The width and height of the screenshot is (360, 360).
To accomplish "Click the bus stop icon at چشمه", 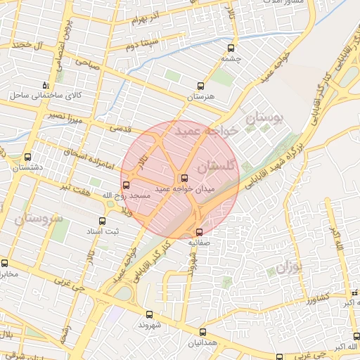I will click(231, 49).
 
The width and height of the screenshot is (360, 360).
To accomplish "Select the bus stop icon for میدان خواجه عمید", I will click(185, 179).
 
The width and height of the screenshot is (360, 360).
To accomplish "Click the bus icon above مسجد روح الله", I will click(127, 186).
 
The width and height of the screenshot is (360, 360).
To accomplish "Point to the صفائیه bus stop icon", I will click(199, 231).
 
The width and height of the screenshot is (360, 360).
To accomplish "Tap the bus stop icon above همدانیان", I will click(202, 332).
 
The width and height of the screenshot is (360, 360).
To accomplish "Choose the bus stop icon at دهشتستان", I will click(27, 157).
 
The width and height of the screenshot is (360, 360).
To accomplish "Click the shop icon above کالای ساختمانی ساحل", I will click(45, 84).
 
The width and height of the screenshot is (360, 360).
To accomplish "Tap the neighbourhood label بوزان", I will click(289, 269).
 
